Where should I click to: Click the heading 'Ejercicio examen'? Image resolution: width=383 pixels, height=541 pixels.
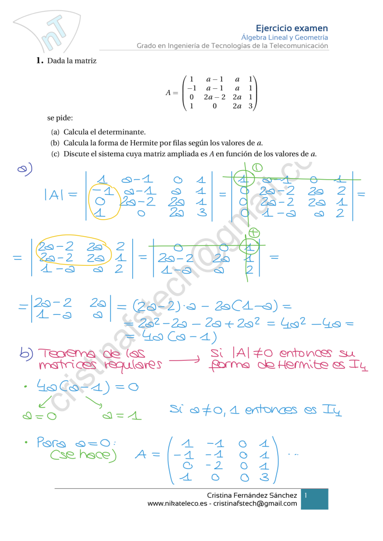291,28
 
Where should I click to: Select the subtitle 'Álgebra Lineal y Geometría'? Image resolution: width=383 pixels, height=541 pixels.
284,38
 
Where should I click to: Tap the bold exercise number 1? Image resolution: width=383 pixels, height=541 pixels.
39,60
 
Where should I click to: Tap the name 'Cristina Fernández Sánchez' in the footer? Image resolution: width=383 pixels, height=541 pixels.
252,495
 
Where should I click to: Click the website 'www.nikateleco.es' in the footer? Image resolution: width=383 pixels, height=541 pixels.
177,503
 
